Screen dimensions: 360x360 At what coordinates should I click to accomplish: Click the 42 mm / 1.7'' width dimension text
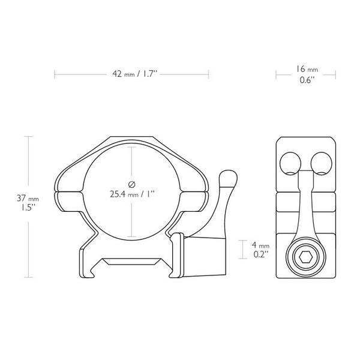pyautogui.click(x=132, y=75)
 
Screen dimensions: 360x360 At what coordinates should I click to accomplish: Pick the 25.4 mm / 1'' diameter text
pyautogui.click(x=132, y=194)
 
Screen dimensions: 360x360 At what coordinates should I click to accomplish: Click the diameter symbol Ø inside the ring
pyautogui.click(x=132, y=182)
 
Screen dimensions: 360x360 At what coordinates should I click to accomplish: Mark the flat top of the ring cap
pyautogui.click(x=132, y=139)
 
